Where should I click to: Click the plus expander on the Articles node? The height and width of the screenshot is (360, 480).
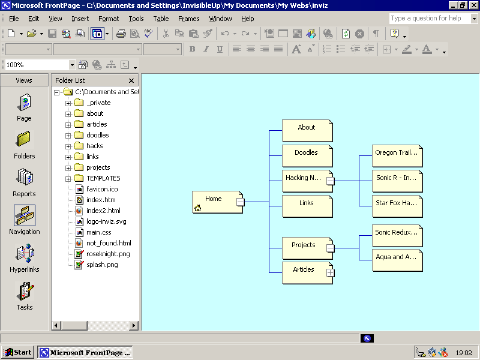tap(330, 272)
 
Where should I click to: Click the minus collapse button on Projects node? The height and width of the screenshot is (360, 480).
tap(330, 247)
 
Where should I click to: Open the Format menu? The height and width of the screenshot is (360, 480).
tap(109, 19)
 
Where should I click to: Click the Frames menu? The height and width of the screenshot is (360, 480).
tap(189, 19)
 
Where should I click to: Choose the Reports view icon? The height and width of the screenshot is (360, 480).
tap(24, 182)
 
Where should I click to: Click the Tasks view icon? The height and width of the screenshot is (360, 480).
tap(24, 296)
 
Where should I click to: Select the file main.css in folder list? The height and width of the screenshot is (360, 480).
tap(98, 232)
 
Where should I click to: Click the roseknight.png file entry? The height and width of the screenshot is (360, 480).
tap(107, 254)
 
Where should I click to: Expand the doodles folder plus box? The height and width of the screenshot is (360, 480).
tap(68, 136)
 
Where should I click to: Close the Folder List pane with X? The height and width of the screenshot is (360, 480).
tap(131, 80)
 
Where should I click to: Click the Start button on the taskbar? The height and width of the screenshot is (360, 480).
tap(17, 352)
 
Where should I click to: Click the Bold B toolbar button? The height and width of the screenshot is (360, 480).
tap(193, 49)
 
